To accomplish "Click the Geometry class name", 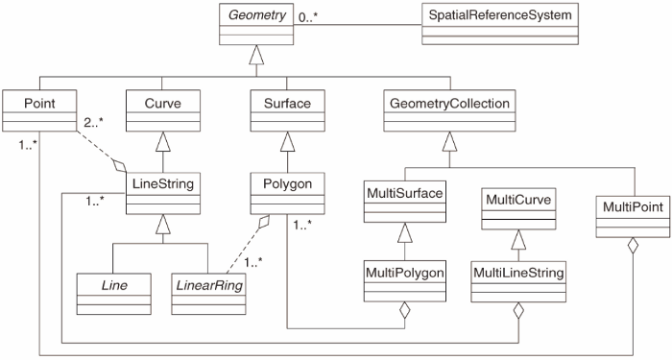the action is [256, 15].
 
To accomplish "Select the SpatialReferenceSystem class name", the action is [500, 15].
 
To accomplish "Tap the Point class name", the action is [39, 104].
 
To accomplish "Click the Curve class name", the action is [163, 104].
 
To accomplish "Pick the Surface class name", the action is [287, 104].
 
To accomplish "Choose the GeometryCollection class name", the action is [449, 104].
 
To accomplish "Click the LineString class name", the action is [163, 184].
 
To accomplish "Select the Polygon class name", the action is [287, 184].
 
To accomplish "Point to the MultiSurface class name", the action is [404, 193].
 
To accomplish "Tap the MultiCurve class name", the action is [518, 200].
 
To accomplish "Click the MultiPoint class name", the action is [633, 207].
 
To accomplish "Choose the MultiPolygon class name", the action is [404, 273].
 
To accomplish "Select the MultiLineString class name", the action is [518, 273].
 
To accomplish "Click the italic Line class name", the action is [114, 285].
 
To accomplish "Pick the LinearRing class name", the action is [209, 286].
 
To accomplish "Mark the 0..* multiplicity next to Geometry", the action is [308, 17].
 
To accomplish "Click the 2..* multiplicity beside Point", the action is [94, 123].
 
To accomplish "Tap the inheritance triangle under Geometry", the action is [256, 55].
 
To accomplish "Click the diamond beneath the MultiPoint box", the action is [633, 248].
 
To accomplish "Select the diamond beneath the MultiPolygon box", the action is [404, 312].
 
